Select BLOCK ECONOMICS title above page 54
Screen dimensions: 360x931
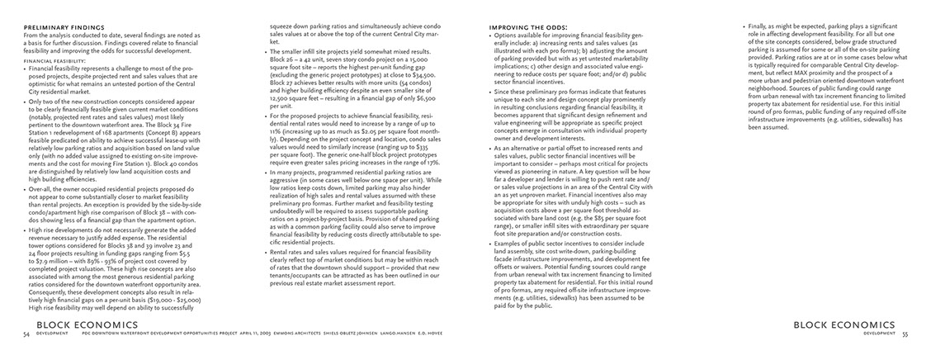[79, 325]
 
